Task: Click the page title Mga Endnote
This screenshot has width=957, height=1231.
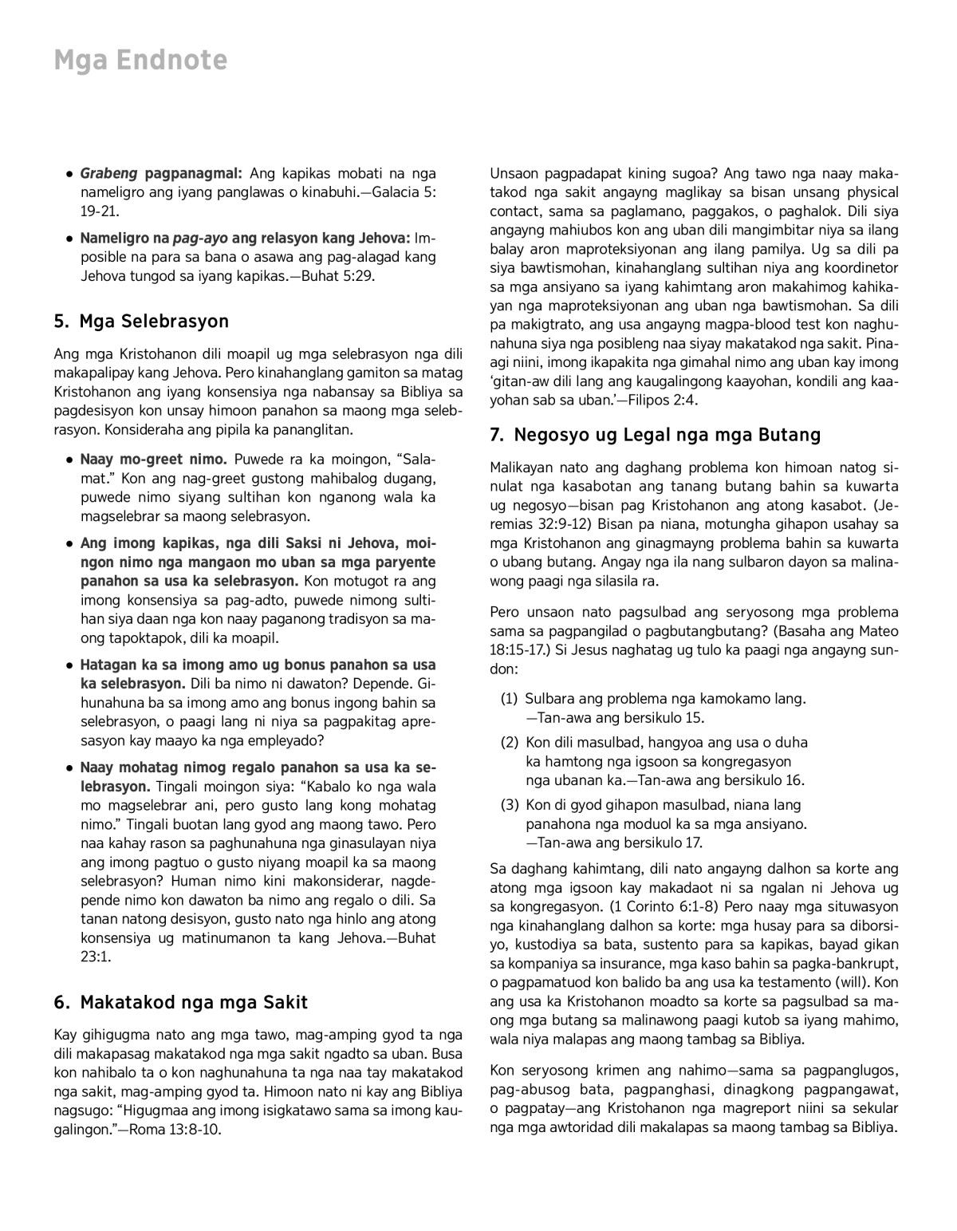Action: point(140,61)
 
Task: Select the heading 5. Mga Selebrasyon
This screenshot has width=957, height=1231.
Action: point(141,322)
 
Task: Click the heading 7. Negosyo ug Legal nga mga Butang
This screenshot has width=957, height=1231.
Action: point(656,435)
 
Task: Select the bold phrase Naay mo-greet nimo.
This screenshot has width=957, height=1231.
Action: point(154,460)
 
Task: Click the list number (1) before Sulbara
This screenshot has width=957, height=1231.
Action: point(510,699)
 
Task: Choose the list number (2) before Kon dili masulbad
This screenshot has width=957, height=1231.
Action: point(510,743)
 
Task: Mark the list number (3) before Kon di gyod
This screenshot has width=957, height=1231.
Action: point(510,805)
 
